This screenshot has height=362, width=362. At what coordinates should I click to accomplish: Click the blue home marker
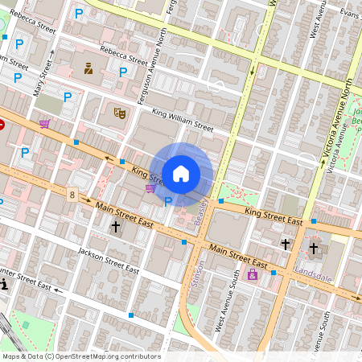(x=181, y=173)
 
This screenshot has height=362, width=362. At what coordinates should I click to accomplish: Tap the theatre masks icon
(x=120, y=113)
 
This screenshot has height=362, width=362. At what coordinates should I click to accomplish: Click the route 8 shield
(x=72, y=194)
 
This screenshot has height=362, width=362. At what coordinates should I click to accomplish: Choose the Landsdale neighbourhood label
(x=314, y=270)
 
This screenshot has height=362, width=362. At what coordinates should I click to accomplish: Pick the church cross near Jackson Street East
(x=115, y=228)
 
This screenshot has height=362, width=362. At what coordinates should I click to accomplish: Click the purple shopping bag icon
(x=253, y=275)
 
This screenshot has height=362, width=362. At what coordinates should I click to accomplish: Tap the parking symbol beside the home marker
(x=168, y=201)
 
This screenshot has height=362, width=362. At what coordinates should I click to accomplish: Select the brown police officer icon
(x=88, y=68)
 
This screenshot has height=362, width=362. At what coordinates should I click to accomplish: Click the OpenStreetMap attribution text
(x=80, y=356)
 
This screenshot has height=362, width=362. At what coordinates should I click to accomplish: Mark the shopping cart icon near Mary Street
(x=44, y=124)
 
